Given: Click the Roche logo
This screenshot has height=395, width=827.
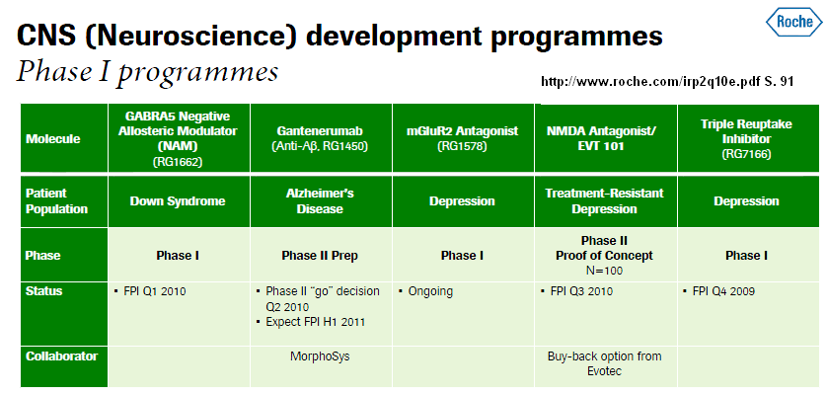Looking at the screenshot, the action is (x=793, y=22).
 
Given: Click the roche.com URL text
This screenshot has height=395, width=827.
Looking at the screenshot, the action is (x=667, y=81).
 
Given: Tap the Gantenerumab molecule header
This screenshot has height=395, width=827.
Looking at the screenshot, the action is (x=320, y=138).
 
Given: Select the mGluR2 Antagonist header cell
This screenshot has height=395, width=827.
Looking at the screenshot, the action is (x=463, y=138).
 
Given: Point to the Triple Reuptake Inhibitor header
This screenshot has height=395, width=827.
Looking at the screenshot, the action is (x=746, y=139).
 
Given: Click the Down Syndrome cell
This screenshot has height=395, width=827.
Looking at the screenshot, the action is (x=178, y=201).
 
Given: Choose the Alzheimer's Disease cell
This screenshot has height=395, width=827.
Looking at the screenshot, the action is (x=320, y=201).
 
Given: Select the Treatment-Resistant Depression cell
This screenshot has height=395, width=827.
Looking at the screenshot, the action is (x=604, y=201).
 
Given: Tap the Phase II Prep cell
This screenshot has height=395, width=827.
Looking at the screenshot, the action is (x=320, y=256).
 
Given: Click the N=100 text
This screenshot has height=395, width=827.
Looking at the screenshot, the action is (x=604, y=271).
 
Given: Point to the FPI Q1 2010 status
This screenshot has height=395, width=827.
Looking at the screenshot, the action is (x=150, y=291).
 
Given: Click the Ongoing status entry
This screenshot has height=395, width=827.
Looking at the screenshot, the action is (x=426, y=291).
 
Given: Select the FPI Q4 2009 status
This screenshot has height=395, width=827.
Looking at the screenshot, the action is (x=718, y=291).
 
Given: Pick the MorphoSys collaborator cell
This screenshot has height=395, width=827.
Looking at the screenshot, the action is (x=320, y=356).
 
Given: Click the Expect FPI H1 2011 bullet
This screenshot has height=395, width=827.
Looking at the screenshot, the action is (x=311, y=322).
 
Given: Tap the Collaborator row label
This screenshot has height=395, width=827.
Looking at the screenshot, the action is (x=62, y=356).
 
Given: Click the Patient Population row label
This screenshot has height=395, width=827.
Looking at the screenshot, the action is (x=56, y=201).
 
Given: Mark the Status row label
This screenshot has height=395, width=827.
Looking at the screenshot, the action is (x=43, y=291).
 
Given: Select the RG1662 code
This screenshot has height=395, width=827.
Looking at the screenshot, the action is (x=178, y=162).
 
